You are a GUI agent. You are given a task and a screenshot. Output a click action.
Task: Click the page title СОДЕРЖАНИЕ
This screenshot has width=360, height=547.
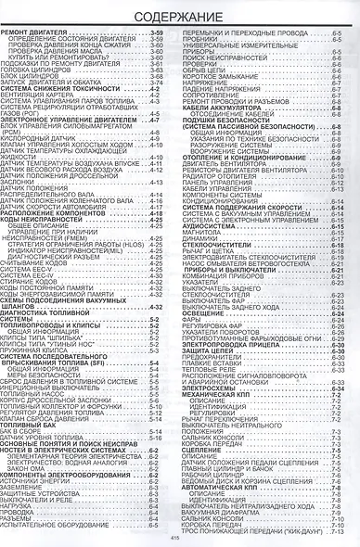180,17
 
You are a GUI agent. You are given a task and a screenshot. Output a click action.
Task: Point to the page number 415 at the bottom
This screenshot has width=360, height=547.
179,538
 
